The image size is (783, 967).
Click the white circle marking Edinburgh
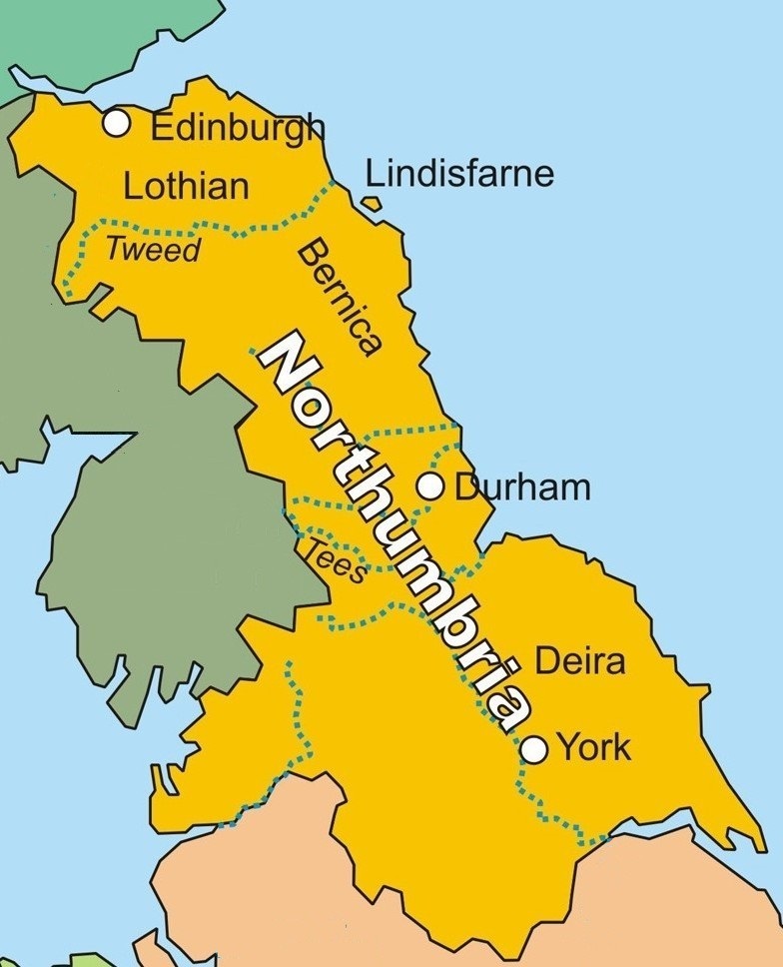117,124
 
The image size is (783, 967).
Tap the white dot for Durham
431,487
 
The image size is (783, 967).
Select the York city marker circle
535,748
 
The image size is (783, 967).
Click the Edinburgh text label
238,128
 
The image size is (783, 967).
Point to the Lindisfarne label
459,174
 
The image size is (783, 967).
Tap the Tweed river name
154,250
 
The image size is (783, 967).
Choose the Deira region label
580,661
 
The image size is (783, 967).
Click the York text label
593,747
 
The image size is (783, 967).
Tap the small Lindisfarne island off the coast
373,205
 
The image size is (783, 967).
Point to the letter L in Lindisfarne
375,174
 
